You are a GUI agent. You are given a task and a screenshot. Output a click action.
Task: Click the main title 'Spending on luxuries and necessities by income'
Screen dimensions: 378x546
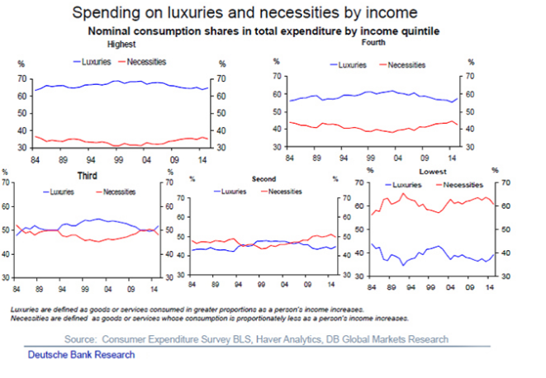point(245,13)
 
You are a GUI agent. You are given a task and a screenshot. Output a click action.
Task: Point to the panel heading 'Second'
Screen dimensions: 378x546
point(262,178)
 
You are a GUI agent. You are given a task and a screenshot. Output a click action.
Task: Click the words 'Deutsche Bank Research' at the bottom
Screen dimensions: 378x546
point(81,355)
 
